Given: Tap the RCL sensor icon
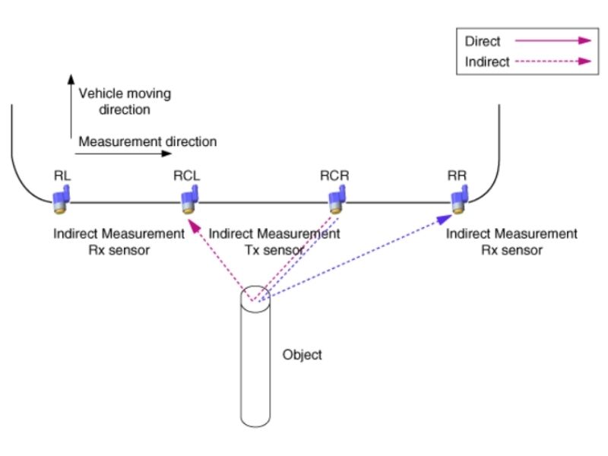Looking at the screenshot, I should [187, 201].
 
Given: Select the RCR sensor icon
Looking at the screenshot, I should [334, 201].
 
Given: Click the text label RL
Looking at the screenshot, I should [62, 176].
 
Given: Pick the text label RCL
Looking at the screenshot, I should [186, 176].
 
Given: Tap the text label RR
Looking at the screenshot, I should [458, 176].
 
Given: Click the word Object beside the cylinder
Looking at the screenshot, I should [302, 355].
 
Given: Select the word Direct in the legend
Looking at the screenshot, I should [482, 42].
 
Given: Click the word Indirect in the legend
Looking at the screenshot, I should [487, 62].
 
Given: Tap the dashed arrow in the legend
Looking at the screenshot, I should [553, 62].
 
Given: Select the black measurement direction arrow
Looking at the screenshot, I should [122, 154].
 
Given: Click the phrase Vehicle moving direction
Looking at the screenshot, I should [125, 101].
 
